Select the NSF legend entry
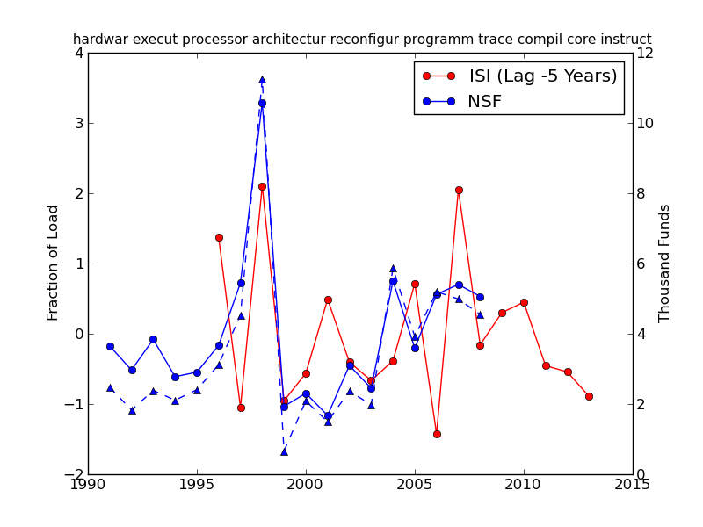point(484,102)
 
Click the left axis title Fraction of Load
point(54,263)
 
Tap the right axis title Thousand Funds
point(664,263)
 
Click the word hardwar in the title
point(98,40)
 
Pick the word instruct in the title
point(624,40)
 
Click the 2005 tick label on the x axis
point(415,485)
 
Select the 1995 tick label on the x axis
point(197,485)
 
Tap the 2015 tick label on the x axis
point(633,485)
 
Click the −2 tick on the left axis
point(76,474)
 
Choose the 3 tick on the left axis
point(79,123)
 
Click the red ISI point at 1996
point(219,237)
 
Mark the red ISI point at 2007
point(459,190)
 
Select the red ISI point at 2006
point(437,434)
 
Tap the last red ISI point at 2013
point(589,396)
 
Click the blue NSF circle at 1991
point(110,346)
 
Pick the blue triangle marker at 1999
point(284,451)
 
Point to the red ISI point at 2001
point(328,300)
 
